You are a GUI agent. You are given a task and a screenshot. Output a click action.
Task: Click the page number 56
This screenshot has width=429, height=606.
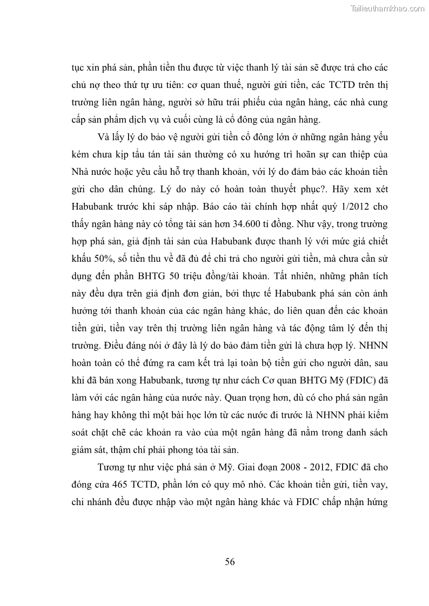pos(230,561)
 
